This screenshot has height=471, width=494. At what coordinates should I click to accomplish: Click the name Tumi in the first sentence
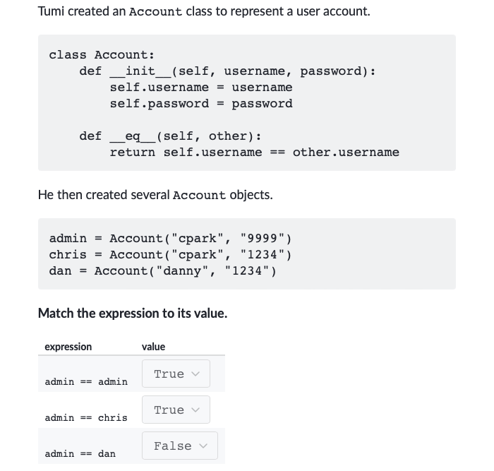tap(51, 11)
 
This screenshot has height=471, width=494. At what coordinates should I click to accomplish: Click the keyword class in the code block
tap(68, 55)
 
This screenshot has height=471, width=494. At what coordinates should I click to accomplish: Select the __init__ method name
tap(140, 71)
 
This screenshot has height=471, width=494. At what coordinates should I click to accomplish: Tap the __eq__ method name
tap(133, 136)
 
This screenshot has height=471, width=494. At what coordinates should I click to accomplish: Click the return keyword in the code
tap(133, 153)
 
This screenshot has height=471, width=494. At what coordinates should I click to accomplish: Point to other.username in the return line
tap(346, 153)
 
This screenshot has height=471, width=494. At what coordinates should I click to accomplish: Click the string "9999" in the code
tap(262, 239)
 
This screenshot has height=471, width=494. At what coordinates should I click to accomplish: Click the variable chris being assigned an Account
tap(68, 254)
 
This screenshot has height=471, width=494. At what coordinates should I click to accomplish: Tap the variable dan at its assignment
tap(60, 271)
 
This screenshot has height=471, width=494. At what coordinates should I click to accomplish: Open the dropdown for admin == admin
tap(176, 374)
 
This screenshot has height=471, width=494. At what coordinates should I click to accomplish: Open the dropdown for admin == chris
tap(176, 410)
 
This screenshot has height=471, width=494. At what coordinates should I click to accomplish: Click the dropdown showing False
tap(179, 446)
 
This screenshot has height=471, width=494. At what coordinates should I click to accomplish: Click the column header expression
tap(68, 347)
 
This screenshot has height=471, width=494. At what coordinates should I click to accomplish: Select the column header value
tap(153, 347)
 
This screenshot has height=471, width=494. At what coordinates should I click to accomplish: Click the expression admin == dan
tap(80, 453)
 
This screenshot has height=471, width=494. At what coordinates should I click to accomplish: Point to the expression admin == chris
tap(86, 418)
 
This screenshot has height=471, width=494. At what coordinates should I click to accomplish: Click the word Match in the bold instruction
tap(56, 314)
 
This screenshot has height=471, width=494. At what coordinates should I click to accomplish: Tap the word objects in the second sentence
tap(251, 195)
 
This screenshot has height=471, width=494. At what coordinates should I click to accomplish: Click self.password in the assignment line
tap(159, 104)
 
